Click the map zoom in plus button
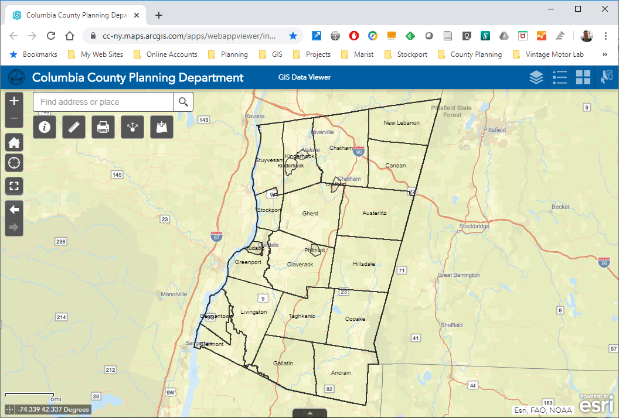pyautogui.click(x=14, y=101)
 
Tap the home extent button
pyautogui.click(x=14, y=142)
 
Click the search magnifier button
pyautogui.click(x=183, y=102)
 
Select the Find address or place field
pyautogui.click(x=104, y=102)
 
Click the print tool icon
pyautogui.click(x=103, y=126)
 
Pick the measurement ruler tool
pyautogui.click(x=74, y=126)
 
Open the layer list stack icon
pyautogui.click(x=536, y=77)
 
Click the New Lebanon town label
pyautogui.click(x=402, y=123)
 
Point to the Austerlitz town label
pyautogui.click(x=375, y=213)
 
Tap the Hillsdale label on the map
pyautogui.click(x=363, y=264)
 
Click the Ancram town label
pyautogui.click(x=341, y=373)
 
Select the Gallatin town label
pyautogui.click(x=283, y=364)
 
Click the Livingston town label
pyautogui.click(x=254, y=312)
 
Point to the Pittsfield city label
pyautogui.click(x=495, y=129)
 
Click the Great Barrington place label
pyautogui.click(x=458, y=275)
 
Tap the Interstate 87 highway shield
pyautogui.click(x=216, y=237)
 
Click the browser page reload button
pyautogui.click(x=51, y=36)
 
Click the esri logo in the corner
pyautogui.click(x=597, y=404)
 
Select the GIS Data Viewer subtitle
pyautogui.click(x=304, y=77)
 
